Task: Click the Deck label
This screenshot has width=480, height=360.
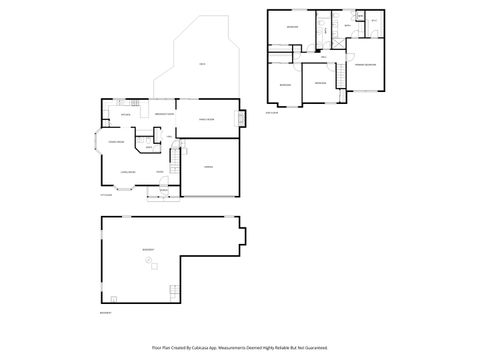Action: (x=203, y=65)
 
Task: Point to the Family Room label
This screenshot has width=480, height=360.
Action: (x=206, y=119)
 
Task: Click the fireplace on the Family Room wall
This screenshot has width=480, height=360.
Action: (x=240, y=121)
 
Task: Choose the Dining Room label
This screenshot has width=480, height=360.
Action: (x=116, y=143)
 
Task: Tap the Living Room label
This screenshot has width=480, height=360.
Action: (x=127, y=173)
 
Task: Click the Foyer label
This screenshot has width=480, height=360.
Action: (x=159, y=173)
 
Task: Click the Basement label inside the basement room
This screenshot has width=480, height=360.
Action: (x=148, y=248)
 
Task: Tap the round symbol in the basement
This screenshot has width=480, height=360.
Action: (x=148, y=261)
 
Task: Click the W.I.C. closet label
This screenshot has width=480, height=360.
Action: (x=373, y=20)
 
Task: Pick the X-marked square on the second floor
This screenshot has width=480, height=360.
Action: (x=339, y=43)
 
